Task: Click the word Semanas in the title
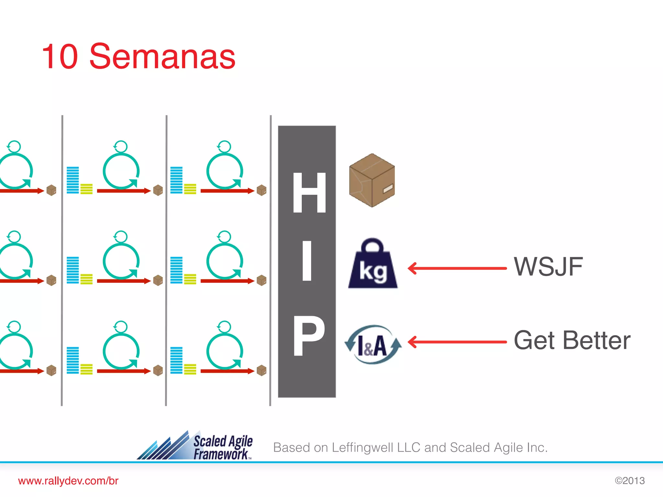click(162, 57)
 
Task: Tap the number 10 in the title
click(60, 57)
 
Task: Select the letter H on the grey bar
click(309, 193)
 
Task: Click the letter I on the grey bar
click(307, 261)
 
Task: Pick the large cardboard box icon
click(372, 180)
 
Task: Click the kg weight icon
click(373, 264)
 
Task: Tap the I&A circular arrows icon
click(373, 345)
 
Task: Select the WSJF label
click(548, 267)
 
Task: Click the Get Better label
click(572, 340)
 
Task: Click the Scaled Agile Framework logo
click(195, 446)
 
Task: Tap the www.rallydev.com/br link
click(68, 481)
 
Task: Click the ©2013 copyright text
click(630, 481)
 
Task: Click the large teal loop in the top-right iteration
click(225, 171)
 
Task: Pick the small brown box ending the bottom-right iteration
click(262, 370)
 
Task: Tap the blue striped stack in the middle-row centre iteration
click(73, 270)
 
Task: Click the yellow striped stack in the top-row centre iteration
click(86, 189)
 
